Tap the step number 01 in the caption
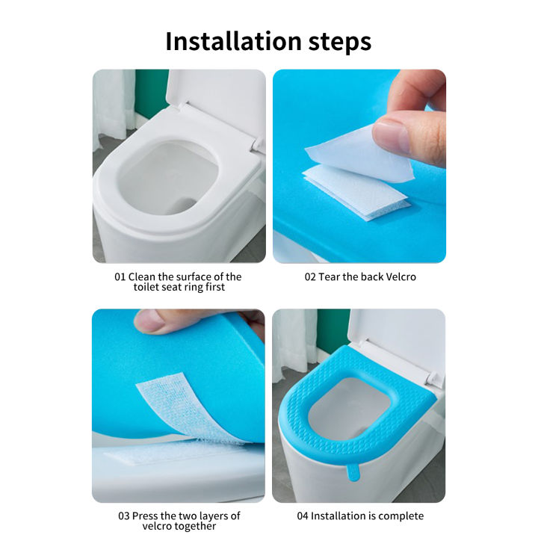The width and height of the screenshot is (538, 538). (x=121, y=276)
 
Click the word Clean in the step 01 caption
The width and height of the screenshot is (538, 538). (x=145, y=276)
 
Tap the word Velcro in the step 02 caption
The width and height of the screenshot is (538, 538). (x=400, y=276)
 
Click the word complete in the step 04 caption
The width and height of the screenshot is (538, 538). (x=399, y=516)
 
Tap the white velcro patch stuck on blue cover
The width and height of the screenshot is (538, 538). (x=355, y=193)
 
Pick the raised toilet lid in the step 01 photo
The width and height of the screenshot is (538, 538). (x=213, y=101)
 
